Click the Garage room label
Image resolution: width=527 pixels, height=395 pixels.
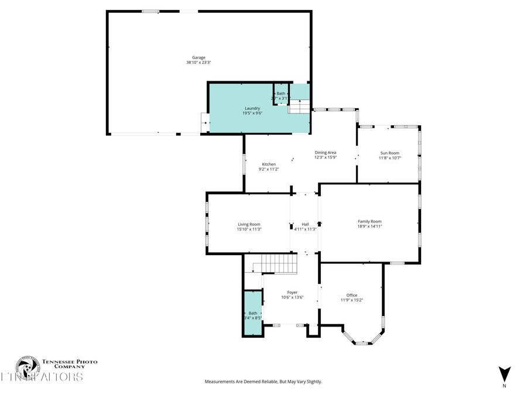click(x=199, y=57)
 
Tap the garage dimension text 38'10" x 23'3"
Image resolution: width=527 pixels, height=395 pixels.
click(x=199, y=63)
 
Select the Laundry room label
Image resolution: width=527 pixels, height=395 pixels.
click(x=252, y=108)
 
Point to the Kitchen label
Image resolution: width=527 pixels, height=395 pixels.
click(x=269, y=164)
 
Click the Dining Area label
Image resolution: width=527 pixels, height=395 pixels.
click(x=325, y=152)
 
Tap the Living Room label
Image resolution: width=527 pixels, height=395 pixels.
click(x=249, y=224)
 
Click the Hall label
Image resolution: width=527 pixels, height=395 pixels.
click(x=305, y=224)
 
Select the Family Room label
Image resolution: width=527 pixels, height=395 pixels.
click(x=369, y=221)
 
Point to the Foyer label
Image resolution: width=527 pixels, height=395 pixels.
click(x=292, y=292)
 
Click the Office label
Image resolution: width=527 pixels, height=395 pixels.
click(x=351, y=295)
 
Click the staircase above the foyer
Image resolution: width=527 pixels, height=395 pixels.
click(x=279, y=264)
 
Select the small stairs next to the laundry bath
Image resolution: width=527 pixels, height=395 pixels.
click(x=299, y=107)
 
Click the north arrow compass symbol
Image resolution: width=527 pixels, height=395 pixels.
click(x=505, y=373)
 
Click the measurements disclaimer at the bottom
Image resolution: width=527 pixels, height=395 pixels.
click(x=263, y=382)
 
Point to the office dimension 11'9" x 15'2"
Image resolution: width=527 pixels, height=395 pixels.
click(x=351, y=300)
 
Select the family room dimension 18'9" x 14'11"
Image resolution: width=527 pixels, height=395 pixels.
click(x=369, y=226)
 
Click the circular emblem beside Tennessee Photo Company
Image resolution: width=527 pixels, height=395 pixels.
click(x=27, y=367)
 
